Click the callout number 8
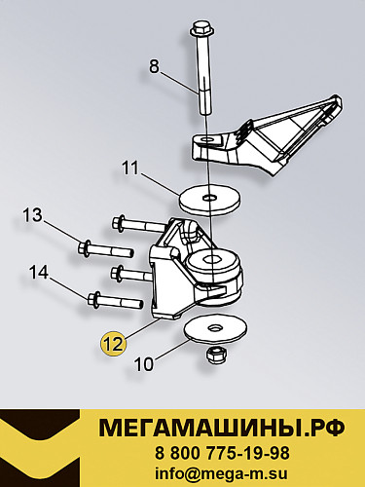[x=153, y=67]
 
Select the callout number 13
[x=33, y=214]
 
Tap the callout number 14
[x=38, y=274]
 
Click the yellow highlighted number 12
[x=114, y=342]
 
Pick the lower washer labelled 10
[x=214, y=328]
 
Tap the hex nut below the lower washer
[x=215, y=356]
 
